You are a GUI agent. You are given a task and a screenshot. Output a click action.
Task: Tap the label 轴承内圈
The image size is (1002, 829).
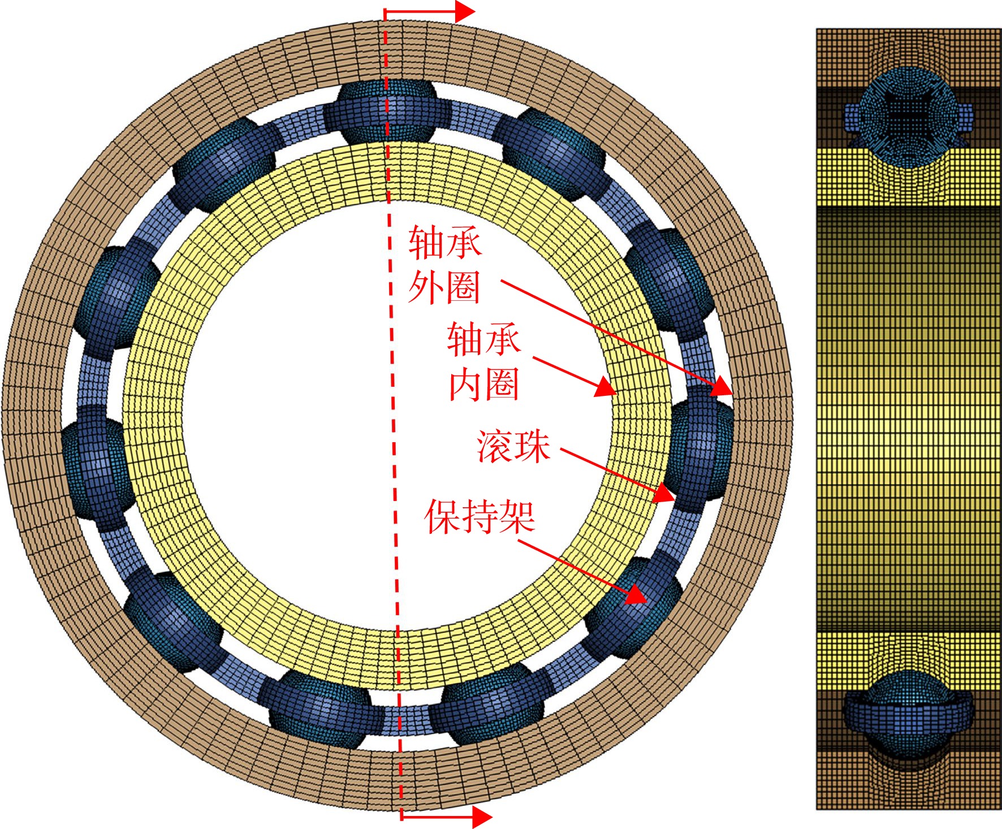[484, 362]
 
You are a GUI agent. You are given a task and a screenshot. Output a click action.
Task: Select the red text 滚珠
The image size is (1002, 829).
[513, 447]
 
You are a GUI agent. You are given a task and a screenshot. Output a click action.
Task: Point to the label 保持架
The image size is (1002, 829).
[480, 516]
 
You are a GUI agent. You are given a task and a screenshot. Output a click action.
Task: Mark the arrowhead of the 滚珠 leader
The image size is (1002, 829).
[664, 494]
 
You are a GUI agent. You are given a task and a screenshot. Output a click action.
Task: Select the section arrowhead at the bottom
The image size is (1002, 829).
[481, 817]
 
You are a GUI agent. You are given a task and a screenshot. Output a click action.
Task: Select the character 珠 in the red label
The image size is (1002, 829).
[532, 447]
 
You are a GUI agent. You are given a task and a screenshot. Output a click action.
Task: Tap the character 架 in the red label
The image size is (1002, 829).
[517, 516]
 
